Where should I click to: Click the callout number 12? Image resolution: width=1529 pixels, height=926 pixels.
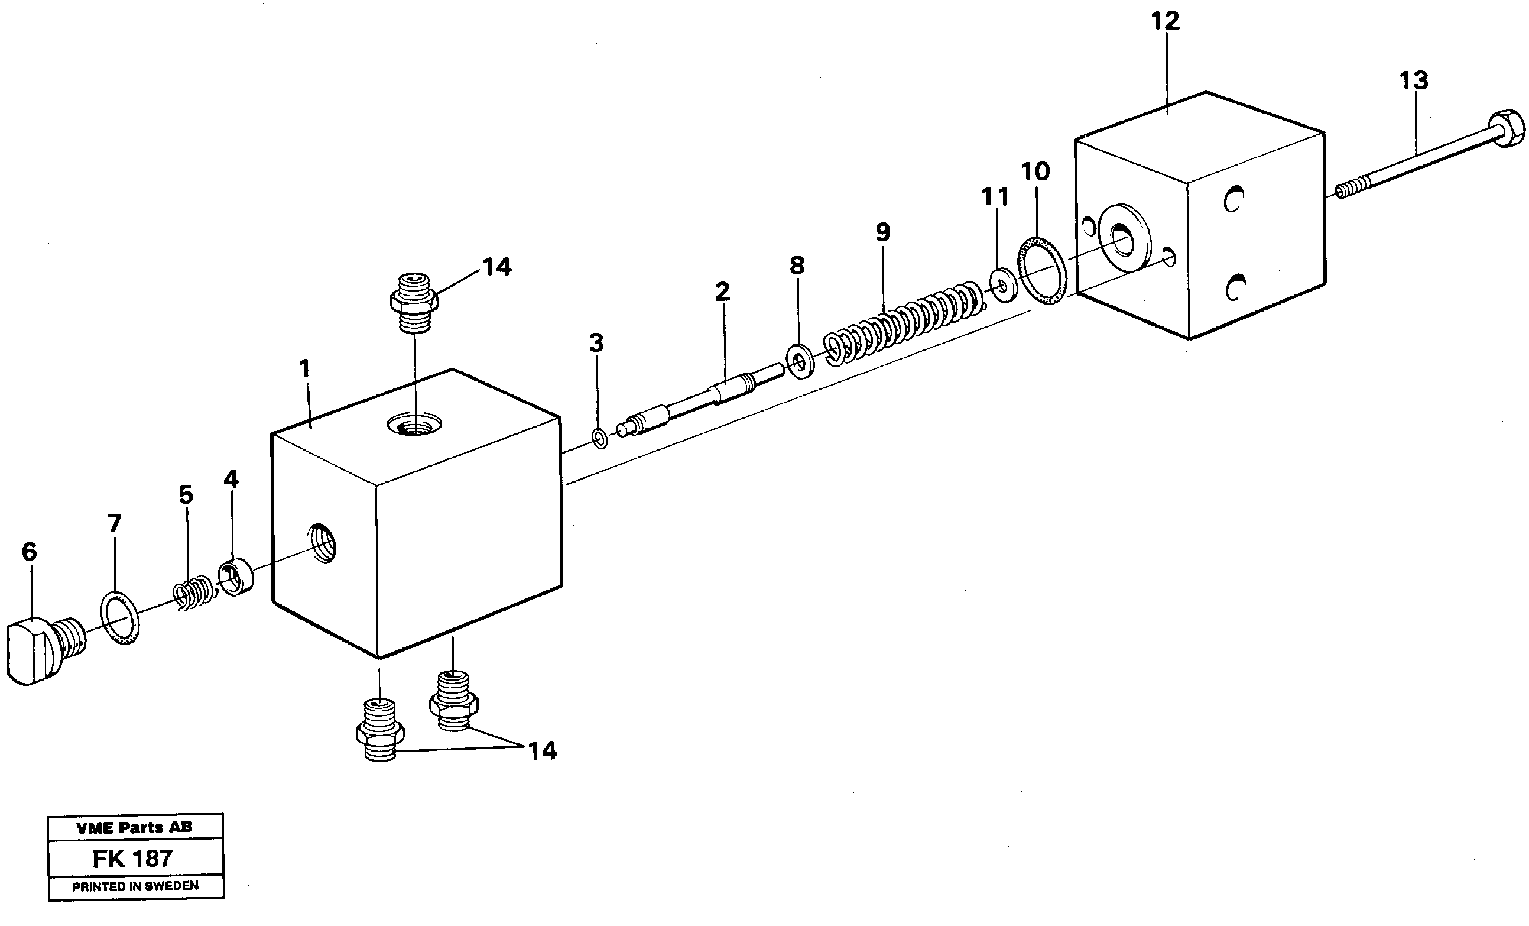pos(1165,22)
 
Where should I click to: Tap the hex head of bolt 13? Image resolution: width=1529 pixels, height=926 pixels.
pos(1506,129)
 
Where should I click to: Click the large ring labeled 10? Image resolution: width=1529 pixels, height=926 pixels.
pos(1042,270)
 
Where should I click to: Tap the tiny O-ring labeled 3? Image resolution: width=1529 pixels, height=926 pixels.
pos(599,439)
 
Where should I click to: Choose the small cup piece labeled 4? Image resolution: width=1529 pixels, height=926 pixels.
pos(236,577)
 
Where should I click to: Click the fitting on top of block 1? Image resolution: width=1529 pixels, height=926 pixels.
pos(414,302)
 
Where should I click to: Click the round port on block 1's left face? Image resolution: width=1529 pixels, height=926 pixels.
pos(322,542)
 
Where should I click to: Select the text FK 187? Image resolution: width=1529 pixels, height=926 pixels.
pos(132,859)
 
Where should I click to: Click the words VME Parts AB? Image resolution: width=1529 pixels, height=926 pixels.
pos(134,827)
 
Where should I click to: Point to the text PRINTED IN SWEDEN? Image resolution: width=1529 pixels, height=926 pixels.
pos(135,886)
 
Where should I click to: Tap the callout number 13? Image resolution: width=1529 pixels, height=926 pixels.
pos(1414,80)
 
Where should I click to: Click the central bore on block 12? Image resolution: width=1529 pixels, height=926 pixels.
pos(1122,239)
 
